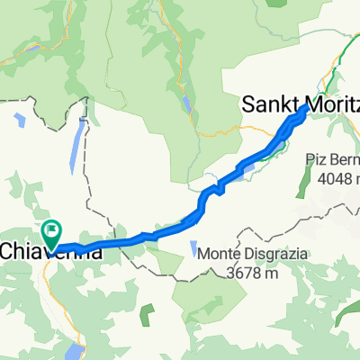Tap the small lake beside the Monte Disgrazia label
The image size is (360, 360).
(193, 247)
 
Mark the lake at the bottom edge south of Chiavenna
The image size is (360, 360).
(79, 351)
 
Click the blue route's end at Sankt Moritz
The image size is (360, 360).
(306, 107)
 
